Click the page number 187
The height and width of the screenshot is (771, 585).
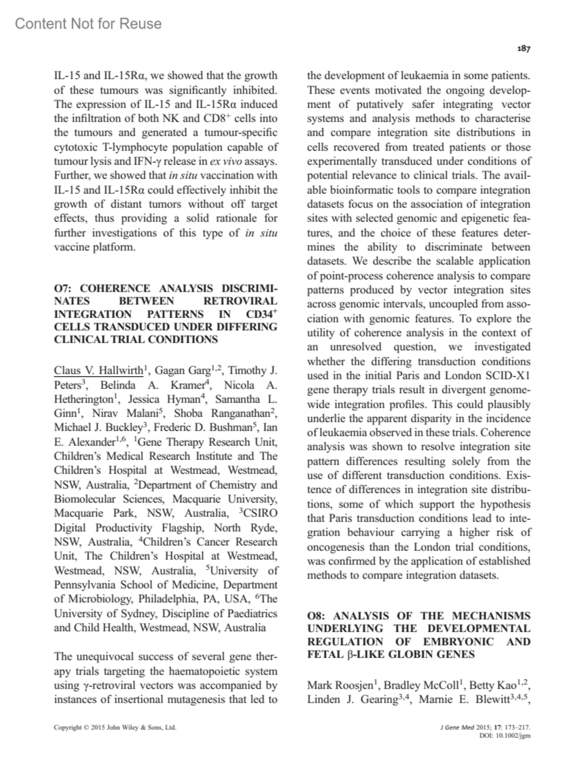click(524, 49)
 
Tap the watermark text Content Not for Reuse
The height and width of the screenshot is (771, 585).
click(88, 23)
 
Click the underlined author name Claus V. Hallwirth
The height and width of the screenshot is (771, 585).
click(98, 370)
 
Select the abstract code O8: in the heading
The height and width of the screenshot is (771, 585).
click(316, 616)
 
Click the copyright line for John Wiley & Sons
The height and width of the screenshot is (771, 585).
click(115, 728)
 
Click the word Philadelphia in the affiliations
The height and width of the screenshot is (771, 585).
click(167, 599)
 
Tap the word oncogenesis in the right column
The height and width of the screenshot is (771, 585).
click(335, 547)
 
